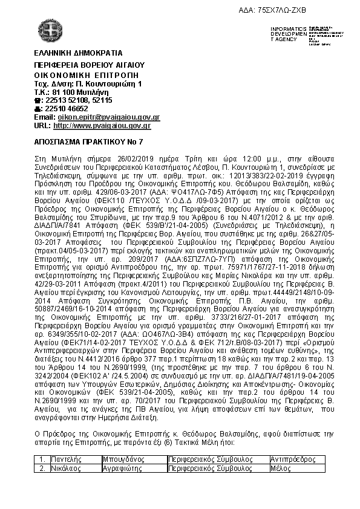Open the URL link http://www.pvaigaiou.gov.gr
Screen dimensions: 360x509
(x=102, y=126)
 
